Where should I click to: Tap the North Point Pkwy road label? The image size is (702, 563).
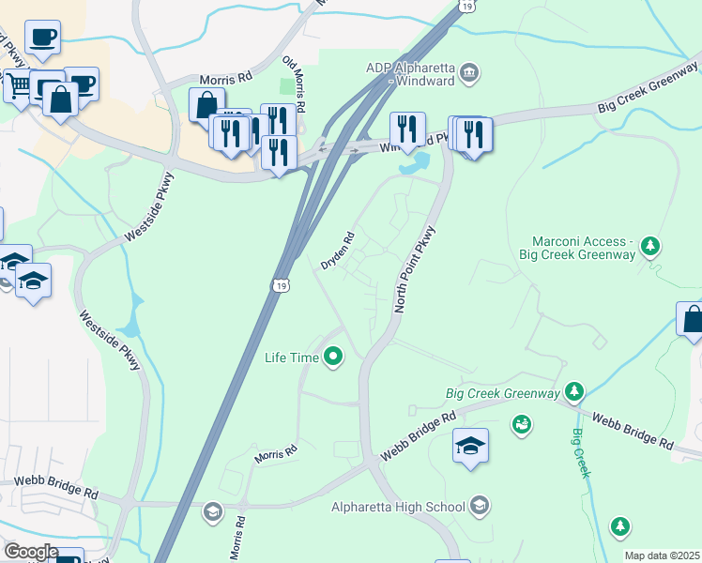click(416, 269)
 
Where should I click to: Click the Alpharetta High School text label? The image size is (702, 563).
click(398, 508)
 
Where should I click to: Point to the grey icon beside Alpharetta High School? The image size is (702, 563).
click(480, 508)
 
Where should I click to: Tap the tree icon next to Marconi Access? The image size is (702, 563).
click(649, 247)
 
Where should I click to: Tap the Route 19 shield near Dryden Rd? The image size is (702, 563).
click(281, 284)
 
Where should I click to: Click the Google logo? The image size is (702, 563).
click(31, 552)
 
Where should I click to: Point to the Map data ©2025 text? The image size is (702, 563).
click(662, 555)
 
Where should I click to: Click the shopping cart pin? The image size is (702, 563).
click(19, 85)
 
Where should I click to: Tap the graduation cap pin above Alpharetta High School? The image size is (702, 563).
click(470, 445)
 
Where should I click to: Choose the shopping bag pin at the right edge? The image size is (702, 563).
click(692, 319)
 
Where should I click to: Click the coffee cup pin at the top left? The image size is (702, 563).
click(42, 37)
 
